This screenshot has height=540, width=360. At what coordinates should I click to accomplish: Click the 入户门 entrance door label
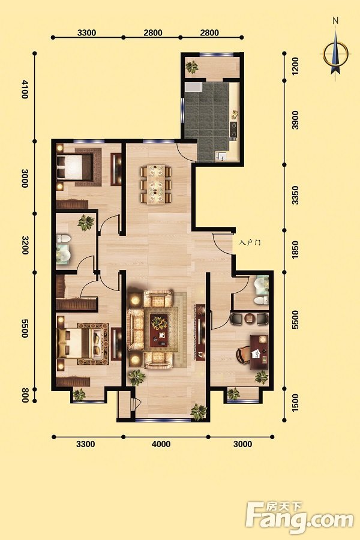(250, 242)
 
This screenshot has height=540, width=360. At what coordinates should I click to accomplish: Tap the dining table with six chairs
(156, 184)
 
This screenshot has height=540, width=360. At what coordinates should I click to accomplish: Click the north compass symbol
(335, 51)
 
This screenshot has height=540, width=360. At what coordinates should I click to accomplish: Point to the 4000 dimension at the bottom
(161, 444)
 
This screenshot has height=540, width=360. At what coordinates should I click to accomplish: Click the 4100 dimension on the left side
(25, 89)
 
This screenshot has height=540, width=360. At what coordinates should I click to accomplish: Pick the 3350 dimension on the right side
(295, 195)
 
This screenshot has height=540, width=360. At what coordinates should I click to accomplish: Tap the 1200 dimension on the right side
(295, 67)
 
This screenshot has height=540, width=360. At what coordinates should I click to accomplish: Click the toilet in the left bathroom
(63, 238)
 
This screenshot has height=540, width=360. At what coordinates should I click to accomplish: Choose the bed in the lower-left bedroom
(75, 343)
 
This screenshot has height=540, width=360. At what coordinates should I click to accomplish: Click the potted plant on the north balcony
(191, 67)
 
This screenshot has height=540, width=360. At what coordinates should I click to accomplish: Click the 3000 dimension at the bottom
(242, 444)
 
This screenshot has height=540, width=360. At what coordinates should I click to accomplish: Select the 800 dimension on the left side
(25, 395)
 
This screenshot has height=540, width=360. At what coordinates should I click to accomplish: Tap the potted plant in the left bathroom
(85, 223)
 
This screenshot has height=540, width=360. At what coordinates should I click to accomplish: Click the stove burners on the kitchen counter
(234, 129)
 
